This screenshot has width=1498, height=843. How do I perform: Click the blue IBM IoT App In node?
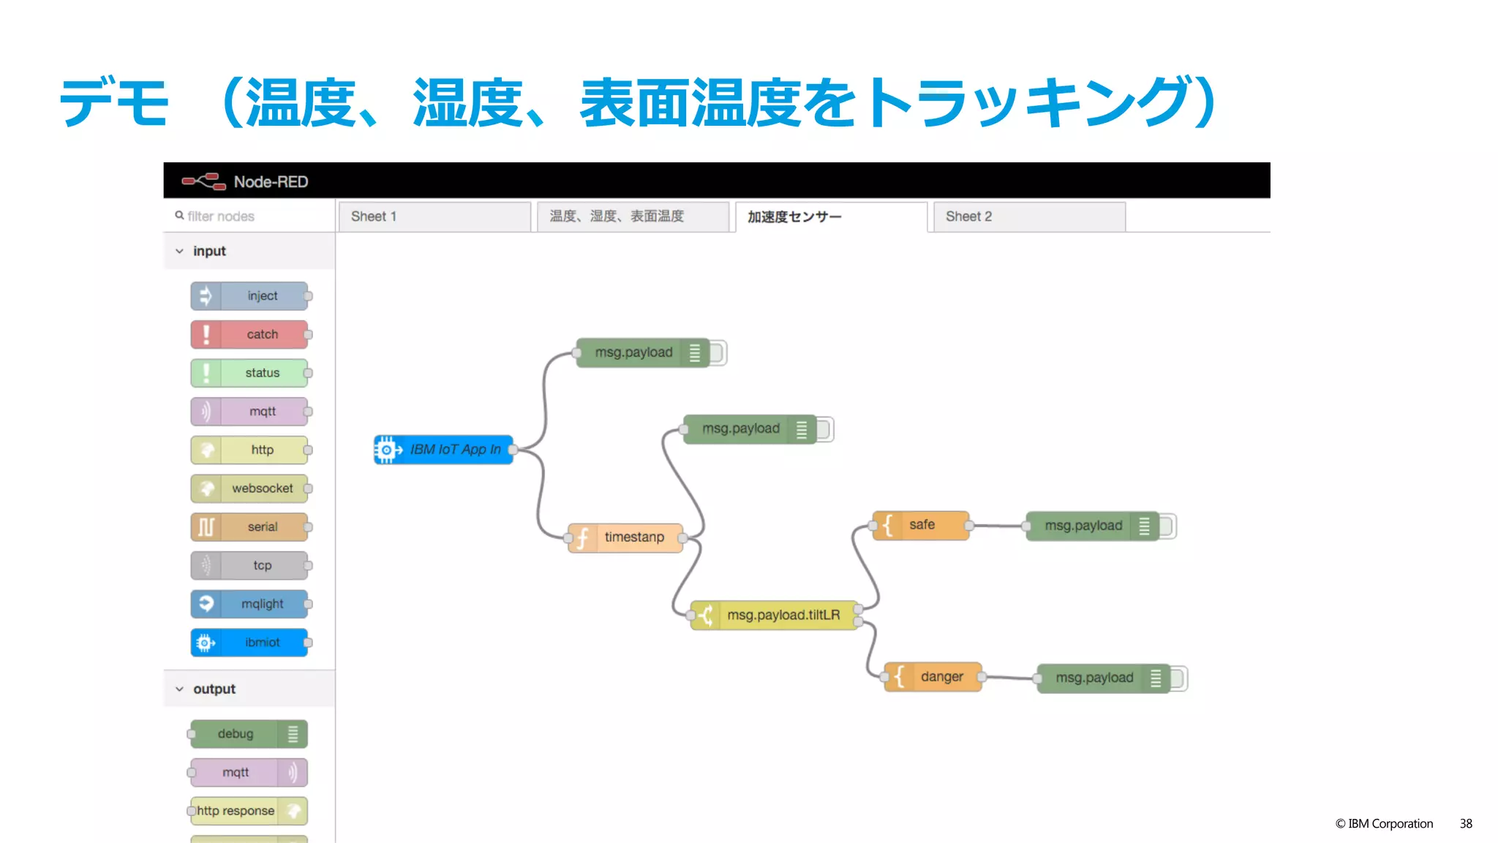pyautogui.click(x=443, y=450)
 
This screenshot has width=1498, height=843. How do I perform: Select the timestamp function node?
pyautogui.click(x=626, y=538)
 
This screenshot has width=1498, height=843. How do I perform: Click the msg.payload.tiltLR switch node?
pyautogui.click(x=775, y=616)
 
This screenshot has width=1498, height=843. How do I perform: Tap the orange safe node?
pyautogui.click(x=921, y=526)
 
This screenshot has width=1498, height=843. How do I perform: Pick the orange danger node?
pyautogui.click(x=933, y=678)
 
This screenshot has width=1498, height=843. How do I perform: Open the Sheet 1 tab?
pyautogui.click(x=434, y=217)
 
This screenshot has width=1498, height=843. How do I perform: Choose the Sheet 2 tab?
pyautogui.click(x=1028, y=217)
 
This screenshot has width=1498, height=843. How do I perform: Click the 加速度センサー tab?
pyautogui.click(x=830, y=217)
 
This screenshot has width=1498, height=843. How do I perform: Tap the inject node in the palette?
pyautogui.click(x=249, y=296)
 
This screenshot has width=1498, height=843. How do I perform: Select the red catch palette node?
pyautogui.click(x=249, y=335)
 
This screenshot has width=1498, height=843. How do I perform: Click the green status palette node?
pyautogui.click(x=249, y=374)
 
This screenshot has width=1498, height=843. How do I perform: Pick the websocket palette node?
pyautogui.click(x=249, y=489)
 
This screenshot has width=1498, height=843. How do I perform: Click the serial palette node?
pyautogui.click(x=249, y=527)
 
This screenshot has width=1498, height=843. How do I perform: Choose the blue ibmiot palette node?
pyautogui.click(x=249, y=643)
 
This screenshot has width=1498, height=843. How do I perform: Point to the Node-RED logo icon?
pyautogui.click(x=203, y=181)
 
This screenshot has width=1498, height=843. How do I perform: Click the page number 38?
pyautogui.click(x=1466, y=824)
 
